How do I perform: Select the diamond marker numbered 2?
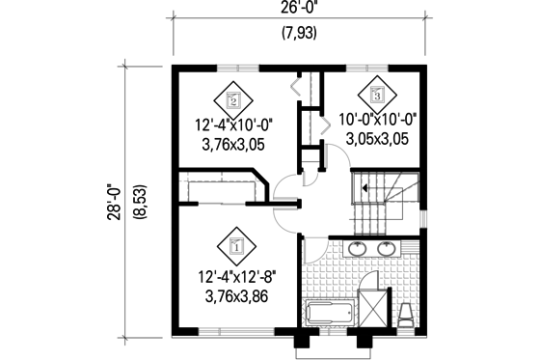click(x=233, y=98)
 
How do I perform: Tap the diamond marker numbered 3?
click(x=376, y=94)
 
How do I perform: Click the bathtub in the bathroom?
click(x=331, y=313)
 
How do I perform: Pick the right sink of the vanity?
click(x=389, y=248)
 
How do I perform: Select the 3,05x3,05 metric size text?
click(x=376, y=140)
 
